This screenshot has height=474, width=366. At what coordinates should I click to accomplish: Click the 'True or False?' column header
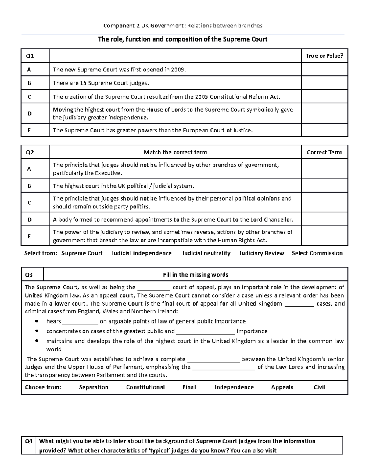coord(324,56)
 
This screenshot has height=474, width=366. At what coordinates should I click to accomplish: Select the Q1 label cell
coord(30,56)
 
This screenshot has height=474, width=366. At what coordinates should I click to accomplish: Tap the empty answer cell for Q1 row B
coord(324,83)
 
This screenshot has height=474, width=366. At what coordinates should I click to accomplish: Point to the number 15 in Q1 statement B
coord(83,83)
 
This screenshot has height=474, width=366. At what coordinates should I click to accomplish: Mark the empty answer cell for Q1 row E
coord(324,130)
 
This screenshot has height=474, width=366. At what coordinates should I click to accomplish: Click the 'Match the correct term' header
coord(175,152)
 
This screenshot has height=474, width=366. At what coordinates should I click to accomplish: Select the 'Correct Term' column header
coord(324,152)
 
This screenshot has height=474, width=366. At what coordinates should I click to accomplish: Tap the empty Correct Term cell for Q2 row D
coord(324,219)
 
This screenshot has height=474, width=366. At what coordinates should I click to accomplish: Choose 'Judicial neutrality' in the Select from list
coord(206,253)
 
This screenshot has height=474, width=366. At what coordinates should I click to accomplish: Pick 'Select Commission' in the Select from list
coord(317,253)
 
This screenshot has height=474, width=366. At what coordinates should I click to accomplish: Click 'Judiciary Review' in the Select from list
coord(261,253)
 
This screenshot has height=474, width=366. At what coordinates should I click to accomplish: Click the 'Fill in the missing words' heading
coord(196,275)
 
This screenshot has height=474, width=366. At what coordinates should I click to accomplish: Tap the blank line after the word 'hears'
coord(80,322)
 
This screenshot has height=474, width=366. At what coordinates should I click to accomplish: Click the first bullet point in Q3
coord(37,321)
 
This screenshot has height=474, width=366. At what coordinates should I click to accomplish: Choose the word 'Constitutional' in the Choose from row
coord(145,387)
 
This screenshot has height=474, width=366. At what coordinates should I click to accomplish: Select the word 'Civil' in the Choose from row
coord(319,387)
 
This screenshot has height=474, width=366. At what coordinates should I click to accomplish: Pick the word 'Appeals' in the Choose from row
coord(282,387)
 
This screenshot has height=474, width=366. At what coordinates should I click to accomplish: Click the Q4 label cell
coord(29,441)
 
